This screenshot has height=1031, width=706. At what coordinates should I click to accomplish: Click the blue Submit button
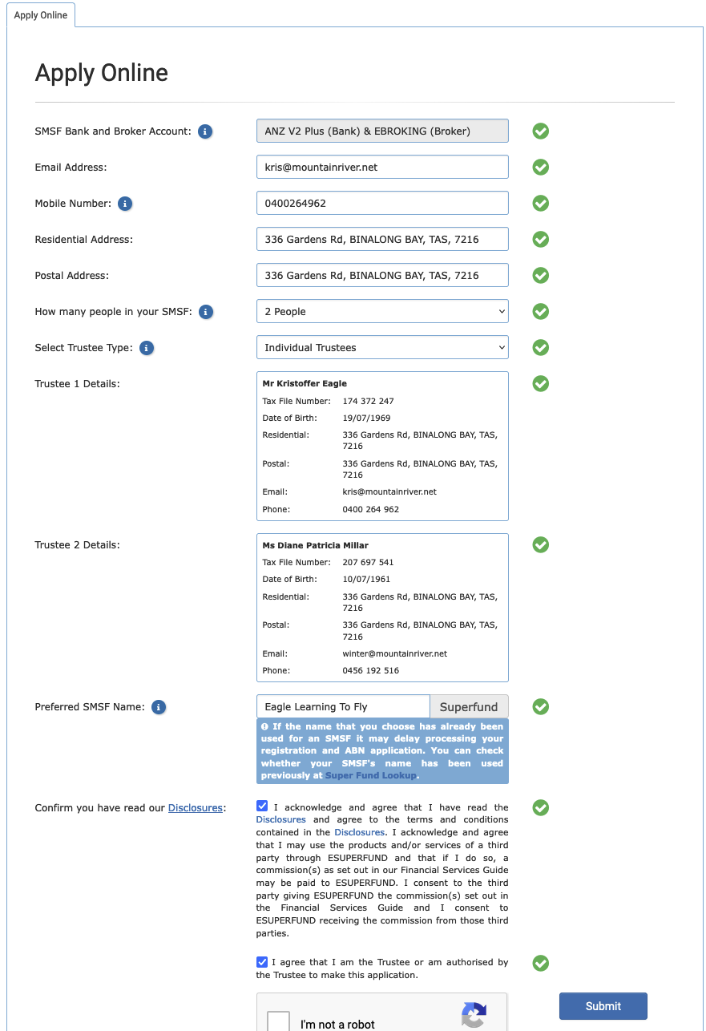point(603,1006)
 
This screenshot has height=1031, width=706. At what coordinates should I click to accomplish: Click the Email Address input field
point(382,167)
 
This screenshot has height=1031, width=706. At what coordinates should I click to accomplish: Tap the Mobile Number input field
point(382,203)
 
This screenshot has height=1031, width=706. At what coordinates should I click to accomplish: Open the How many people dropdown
point(382,311)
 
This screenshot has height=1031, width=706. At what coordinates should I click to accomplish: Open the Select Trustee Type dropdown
point(382,347)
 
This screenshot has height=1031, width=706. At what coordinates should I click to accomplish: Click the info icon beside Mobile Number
point(125,204)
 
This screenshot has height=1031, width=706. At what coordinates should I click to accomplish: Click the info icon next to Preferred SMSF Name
point(159,707)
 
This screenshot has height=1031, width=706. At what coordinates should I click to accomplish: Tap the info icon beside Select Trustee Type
point(147,348)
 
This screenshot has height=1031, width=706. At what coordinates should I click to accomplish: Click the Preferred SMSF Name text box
point(343,706)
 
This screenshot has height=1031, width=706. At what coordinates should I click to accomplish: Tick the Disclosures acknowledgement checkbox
point(262,806)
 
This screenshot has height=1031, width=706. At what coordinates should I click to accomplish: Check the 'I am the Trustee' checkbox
point(262,962)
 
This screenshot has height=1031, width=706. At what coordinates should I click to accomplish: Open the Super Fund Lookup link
point(370,775)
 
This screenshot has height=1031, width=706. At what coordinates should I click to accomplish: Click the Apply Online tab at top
point(41,15)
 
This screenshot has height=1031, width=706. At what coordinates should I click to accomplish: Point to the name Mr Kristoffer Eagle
point(305,383)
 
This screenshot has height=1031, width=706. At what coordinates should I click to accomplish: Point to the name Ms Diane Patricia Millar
point(315,545)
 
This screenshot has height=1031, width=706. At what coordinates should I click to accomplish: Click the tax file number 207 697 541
point(368,562)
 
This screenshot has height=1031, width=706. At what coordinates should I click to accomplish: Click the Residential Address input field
point(382,239)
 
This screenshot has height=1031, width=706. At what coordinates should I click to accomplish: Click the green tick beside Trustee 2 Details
point(541,545)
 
